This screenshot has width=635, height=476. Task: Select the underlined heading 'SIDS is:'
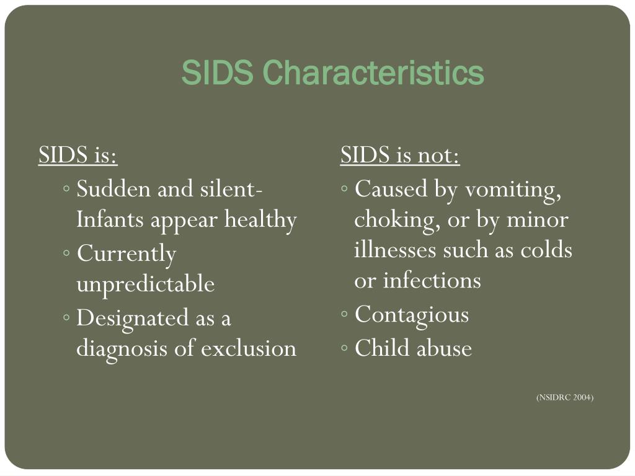pyautogui.click(x=78, y=156)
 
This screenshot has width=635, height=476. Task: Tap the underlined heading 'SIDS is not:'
pyautogui.click(x=400, y=156)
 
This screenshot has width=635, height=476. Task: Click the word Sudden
pyautogui.click(x=113, y=188)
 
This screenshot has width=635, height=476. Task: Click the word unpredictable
pyautogui.click(x=145, y=284)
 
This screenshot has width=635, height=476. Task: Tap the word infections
pyautogui.click(x=432, y=281)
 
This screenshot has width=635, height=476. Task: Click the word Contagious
pyautogui.click(x=412, y=314)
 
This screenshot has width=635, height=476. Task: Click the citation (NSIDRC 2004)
pyautogui.click(x=565, y=397)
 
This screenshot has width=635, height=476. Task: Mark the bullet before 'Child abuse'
pyautogui.click(x=345, y=349)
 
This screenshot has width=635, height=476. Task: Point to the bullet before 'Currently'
pyautogui.click(x=67, y=253)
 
